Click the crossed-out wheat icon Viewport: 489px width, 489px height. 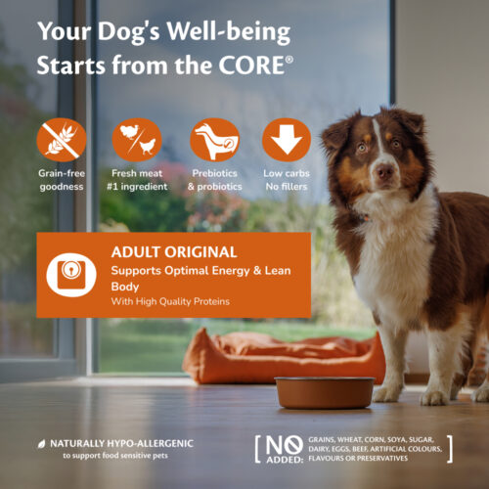[62, 140]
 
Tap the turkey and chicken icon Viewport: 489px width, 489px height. [137, 140]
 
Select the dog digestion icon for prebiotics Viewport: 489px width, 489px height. [215, 140]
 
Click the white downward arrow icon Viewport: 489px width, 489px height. [287, 140]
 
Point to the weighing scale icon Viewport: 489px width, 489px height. [71, 275]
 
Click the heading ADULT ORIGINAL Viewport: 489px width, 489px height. [174, 252]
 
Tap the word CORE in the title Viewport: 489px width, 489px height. [251, 66]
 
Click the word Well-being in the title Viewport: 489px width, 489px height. [229, 32]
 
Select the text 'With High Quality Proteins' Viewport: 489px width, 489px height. [170, 301]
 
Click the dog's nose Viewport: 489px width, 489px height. [384, 170]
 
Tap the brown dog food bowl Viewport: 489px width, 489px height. [325, 393]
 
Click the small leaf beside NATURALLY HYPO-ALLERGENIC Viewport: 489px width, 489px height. [42, 444]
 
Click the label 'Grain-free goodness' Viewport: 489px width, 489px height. [62, 180]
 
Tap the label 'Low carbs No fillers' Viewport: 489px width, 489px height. [287, 180]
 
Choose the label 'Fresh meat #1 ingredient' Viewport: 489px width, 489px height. [137, 180]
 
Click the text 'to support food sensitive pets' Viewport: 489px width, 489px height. [115, 456]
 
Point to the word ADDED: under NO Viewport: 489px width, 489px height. [285, 460]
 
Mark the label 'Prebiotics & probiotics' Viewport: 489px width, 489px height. [215, 180]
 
